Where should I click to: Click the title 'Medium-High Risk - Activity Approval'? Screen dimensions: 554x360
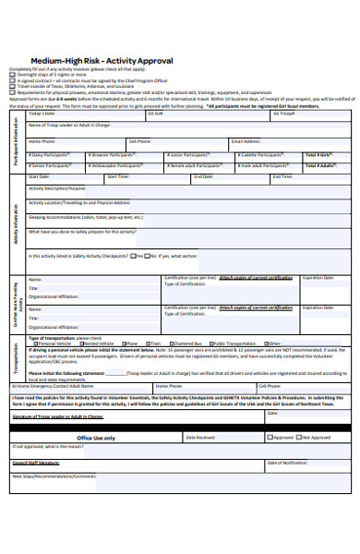click(102, 61)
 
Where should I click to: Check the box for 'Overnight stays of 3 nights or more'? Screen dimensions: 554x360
click(12, 74)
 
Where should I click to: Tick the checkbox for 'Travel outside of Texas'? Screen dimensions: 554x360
click(12, 85)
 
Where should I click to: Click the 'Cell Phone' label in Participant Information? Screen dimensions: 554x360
click(139, 141)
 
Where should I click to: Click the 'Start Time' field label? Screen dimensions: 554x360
click(118, 175)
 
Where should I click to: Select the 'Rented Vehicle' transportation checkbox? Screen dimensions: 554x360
click(78, 343)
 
